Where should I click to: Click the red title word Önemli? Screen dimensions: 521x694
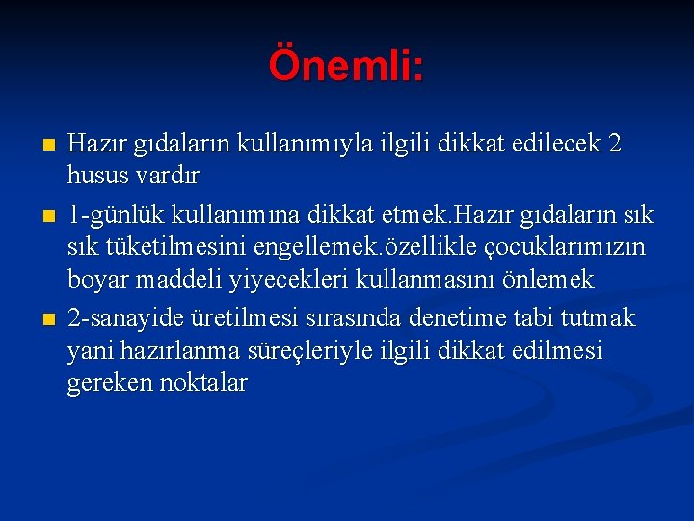coord(346,66)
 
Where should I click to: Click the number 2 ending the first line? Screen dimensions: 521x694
coord(615,143)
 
